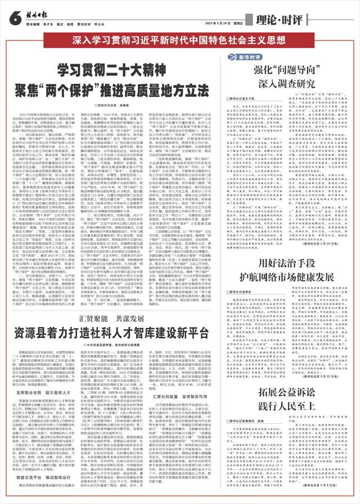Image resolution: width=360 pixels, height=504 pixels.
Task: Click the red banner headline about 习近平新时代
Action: tap(180, 41)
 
